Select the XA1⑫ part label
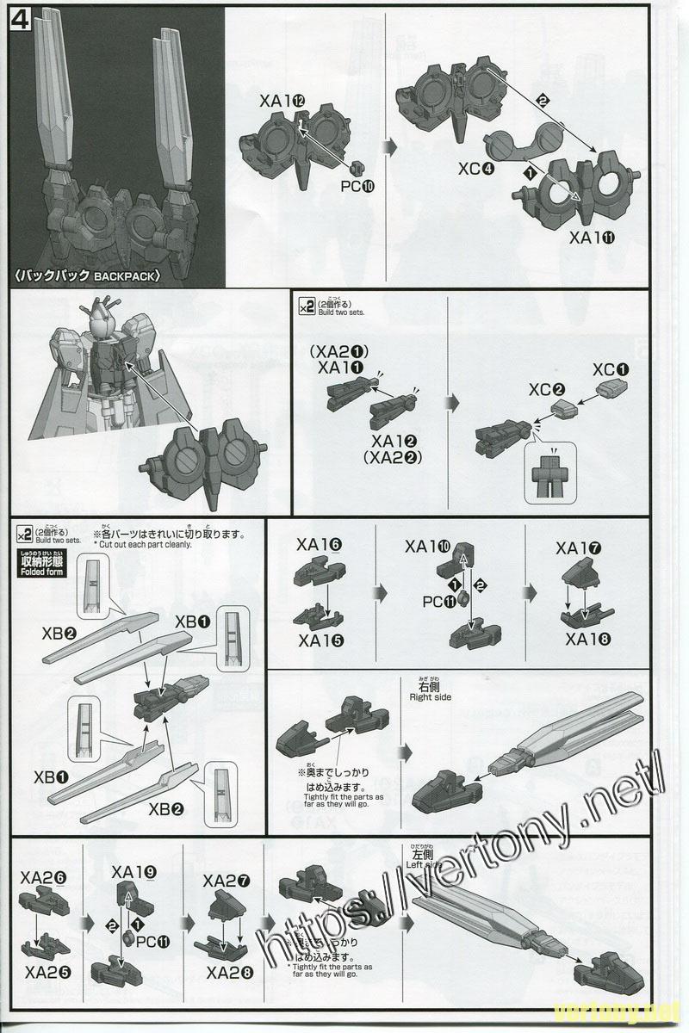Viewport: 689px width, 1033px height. click(x=282, y=102)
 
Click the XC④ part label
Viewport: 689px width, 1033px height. click(x=476, y=169)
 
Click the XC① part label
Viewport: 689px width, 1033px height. click(x=611, y=369)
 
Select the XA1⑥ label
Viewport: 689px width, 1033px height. click(x=319, y=544)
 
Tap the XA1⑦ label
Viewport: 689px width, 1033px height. click(x=579, y=548)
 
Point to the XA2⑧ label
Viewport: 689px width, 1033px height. click(x=229, y=974)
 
